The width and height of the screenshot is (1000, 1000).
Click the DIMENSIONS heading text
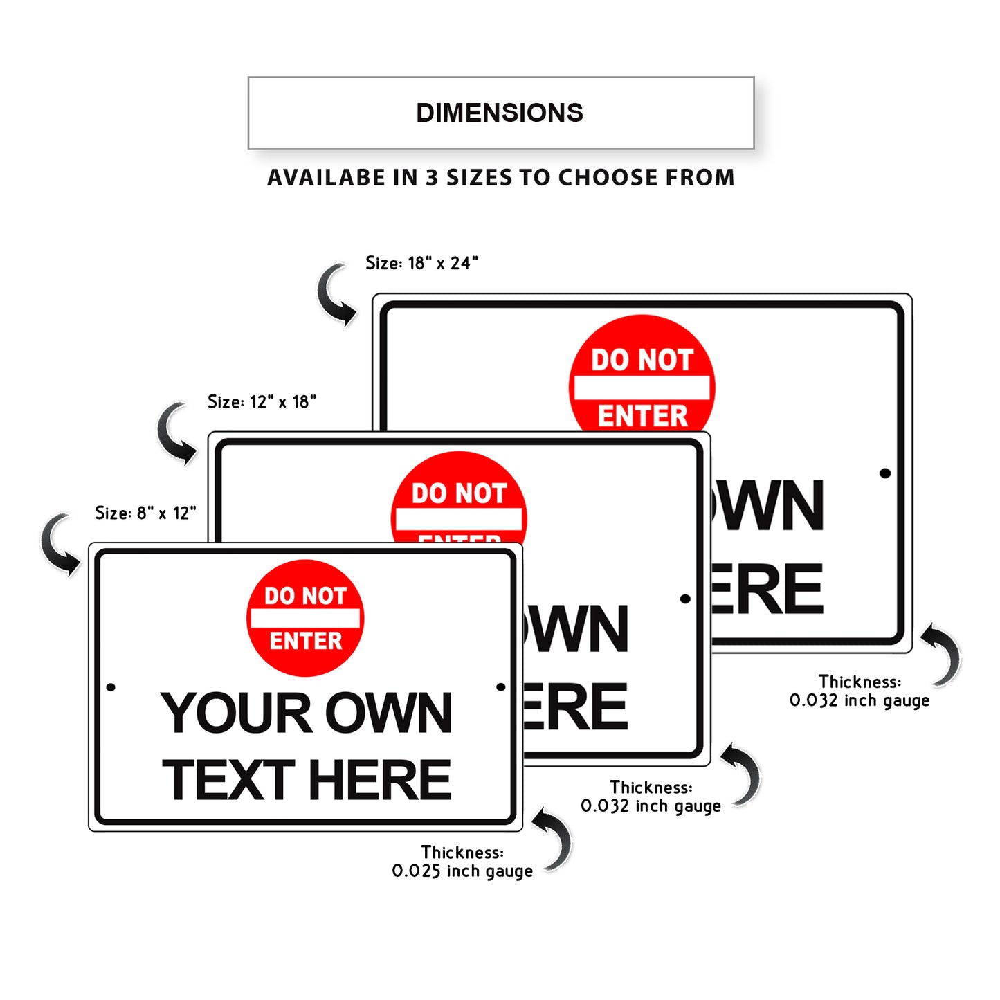(x=500, y=113)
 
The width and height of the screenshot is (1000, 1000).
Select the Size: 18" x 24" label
(x=421, y=263)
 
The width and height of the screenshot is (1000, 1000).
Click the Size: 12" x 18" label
(x=262, y=402)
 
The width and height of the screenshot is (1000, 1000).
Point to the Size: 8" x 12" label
(x=145, y=513)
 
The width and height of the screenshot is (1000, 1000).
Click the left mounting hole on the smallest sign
(x=111, y=687)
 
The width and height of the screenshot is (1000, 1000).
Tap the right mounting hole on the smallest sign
(x=501, y=687)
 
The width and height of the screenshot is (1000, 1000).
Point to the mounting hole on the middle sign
(x=685, y=599)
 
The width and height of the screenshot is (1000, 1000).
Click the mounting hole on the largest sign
(x=884, y=473)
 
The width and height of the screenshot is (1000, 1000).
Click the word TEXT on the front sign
(x=229, y=780)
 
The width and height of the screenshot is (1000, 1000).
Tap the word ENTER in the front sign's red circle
(x=306, y=642)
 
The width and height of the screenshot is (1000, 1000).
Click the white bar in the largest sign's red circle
(x=642, y=388)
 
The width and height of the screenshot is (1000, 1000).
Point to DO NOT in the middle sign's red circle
(x=459, y=493)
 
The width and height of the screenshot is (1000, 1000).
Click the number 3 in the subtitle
(x=432, y=178)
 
